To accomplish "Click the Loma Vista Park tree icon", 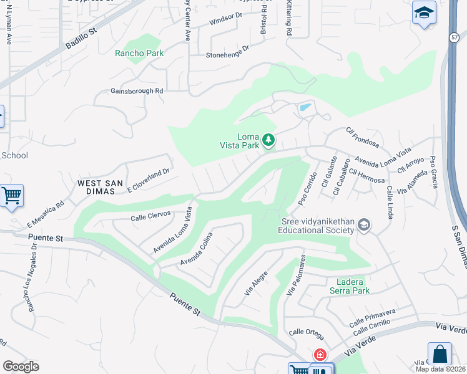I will tap(268, 140).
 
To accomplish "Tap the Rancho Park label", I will tap(139, 53).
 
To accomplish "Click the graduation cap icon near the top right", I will tap(424, 12).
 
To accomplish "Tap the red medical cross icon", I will tap(320, 355).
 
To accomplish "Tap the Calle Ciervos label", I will tap(150, 218).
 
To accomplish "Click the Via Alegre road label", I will tap(256, 283).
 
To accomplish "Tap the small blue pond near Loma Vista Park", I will tap(305, 107).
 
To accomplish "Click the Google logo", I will tap(21, 367).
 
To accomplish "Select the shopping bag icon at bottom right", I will tap(440, 354).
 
